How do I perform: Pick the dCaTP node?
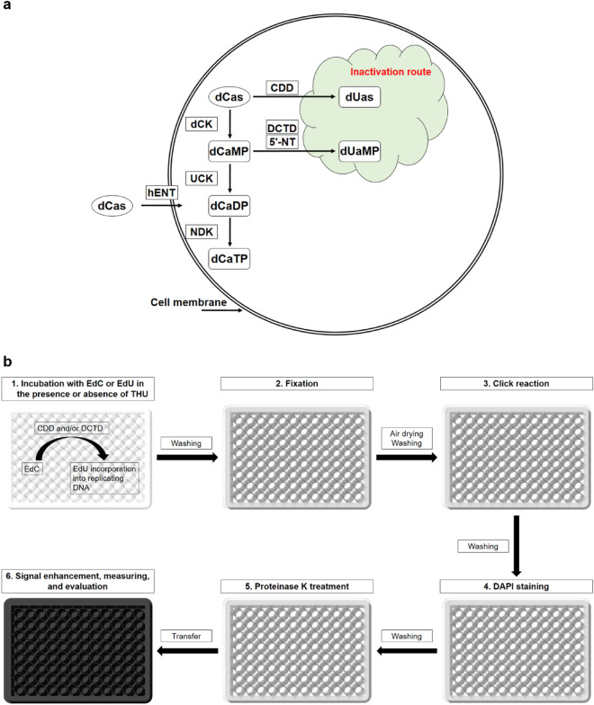(x=231, y=258)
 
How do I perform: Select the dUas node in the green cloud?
(x=360, y=93)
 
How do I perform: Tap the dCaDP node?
(x=231, y=205)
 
